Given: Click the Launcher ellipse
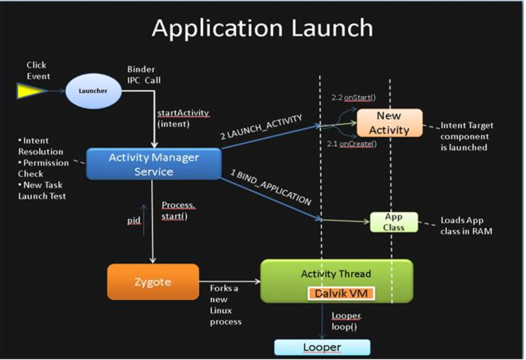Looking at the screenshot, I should [x=93, y=91].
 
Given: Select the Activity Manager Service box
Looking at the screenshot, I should [x=154, y=164].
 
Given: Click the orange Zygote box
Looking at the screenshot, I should [x=153, y=282].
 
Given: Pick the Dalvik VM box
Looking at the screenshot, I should [x=341, y=293].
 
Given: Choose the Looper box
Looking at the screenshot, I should [x=322, y=347].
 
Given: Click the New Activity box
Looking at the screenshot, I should [x=389, y=123].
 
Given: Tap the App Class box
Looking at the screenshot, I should [x=394, y=222].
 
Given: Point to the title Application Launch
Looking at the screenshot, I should [x=262, y=28].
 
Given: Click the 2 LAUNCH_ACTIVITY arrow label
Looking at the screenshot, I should [x=261, y=127].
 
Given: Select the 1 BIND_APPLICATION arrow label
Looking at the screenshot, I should [x=271, y=188].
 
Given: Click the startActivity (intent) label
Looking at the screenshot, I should [x=183, y=118].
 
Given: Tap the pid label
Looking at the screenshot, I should [x=134, y=221].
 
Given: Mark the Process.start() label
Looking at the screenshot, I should [x=178, y=211].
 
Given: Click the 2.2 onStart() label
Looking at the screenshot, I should [x=353, y=98].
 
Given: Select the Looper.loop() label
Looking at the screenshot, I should [x=346, y=321].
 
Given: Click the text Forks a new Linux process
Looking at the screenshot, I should [x=225, y=305].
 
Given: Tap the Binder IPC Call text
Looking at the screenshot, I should [x=144, y=74].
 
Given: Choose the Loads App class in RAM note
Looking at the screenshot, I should [x=466, y=226].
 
